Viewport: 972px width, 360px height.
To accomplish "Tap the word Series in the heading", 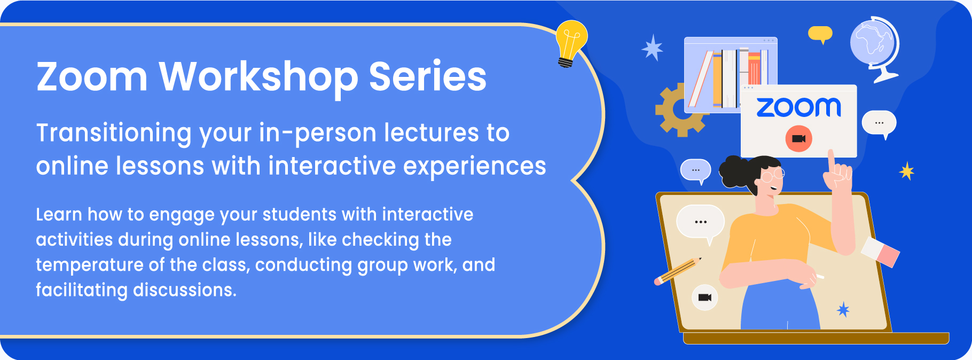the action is pos(428,76).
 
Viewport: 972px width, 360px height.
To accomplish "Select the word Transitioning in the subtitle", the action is pos(114,134).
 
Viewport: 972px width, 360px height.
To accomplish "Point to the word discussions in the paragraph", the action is pos(184,290).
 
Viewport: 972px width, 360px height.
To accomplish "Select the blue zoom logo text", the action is pos(798,107).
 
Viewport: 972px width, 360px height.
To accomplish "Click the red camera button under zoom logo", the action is pos(798,139).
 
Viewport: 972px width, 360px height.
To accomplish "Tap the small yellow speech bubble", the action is pos(820,34).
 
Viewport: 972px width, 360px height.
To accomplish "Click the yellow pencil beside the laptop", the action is pos(678,271).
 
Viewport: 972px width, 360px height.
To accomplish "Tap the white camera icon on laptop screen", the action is pos(705,298).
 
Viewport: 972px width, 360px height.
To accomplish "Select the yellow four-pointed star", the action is pos(907,171).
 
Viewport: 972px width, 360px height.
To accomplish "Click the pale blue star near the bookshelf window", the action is pos(653,48).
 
